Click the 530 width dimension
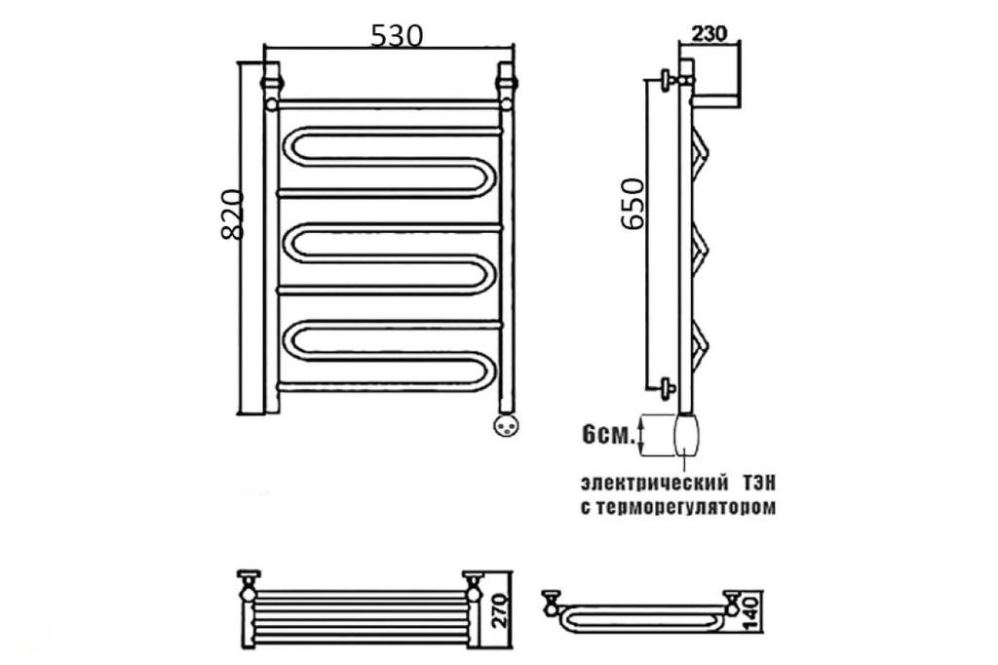pyautogui.click(x=396, y=36)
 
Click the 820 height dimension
pyautogui.click(x=232, y=215)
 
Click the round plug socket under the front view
pyautogui.click(x=506, y=424)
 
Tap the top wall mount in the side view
pyautogui.click(x=667, y=81)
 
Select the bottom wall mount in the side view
pyautogui.click(x=667, y=387)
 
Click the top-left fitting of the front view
pyautogui.click(x=271, y=78)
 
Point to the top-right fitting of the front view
pyautogui.click(x=507, y=78)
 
